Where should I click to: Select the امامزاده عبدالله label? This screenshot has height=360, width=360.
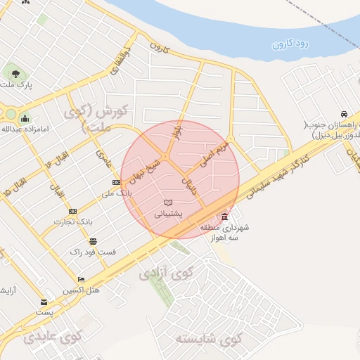click(x=15, y=129)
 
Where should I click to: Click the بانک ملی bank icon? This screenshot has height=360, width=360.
click(x=116, y=182)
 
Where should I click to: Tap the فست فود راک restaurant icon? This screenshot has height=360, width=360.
click(x=93, y=241)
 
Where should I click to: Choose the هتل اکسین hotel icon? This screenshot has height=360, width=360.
click(x=81, y=280)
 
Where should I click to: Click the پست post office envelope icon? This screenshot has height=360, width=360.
click(x=44, y=302)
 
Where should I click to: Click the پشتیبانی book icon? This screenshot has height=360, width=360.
click(x=168, y=202)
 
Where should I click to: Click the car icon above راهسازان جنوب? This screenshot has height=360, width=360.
click(x=342, y=114)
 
